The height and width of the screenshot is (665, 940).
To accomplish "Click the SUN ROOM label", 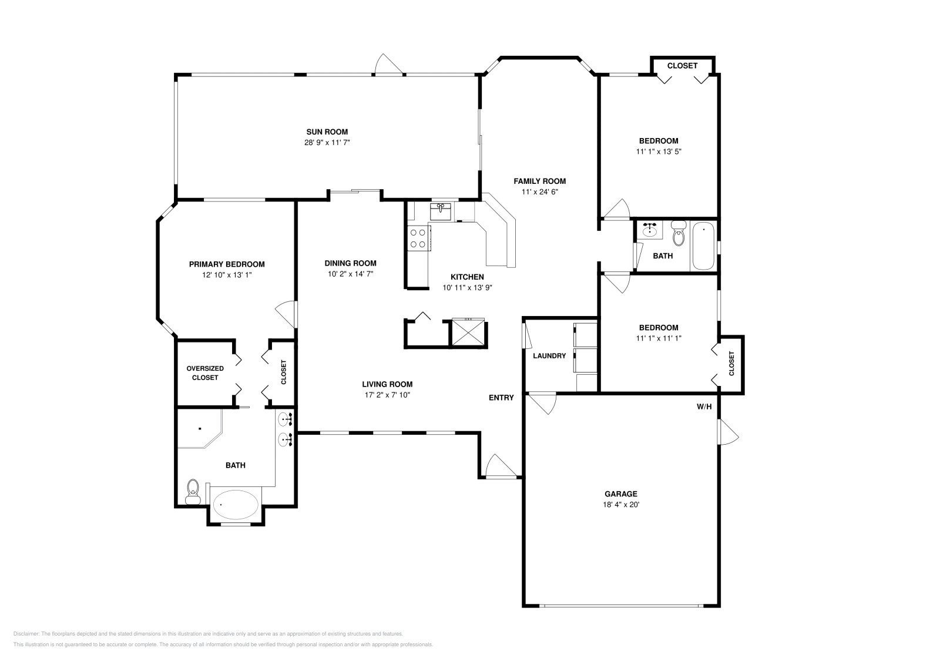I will [327, 132].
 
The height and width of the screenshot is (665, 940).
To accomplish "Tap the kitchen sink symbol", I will [440, 210].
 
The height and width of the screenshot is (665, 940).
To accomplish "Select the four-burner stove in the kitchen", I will [418, 238].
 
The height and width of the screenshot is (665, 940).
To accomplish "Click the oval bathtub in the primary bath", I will [235, 504].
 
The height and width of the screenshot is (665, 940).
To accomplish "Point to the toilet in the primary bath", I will [193, 491].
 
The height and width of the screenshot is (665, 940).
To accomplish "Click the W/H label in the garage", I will [704, 407].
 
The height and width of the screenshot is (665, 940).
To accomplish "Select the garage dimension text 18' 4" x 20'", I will [620, 504].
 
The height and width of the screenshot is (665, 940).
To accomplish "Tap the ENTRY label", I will [501, 398].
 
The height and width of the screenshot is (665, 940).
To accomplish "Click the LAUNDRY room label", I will [549, 356].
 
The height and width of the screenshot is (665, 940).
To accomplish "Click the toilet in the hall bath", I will [679, 233].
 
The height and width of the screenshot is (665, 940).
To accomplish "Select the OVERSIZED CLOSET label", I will [205, 373].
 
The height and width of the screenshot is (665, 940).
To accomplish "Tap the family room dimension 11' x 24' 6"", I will [539, 192].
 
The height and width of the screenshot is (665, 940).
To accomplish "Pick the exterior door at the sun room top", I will [388, 65].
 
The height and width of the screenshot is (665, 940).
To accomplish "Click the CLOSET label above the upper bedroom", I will [682, 66].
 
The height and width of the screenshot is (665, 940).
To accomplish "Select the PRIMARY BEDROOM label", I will [226, 264].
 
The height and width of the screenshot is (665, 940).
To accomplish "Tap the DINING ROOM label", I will [350, 263].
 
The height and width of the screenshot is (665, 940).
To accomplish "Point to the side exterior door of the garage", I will [727, 433].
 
